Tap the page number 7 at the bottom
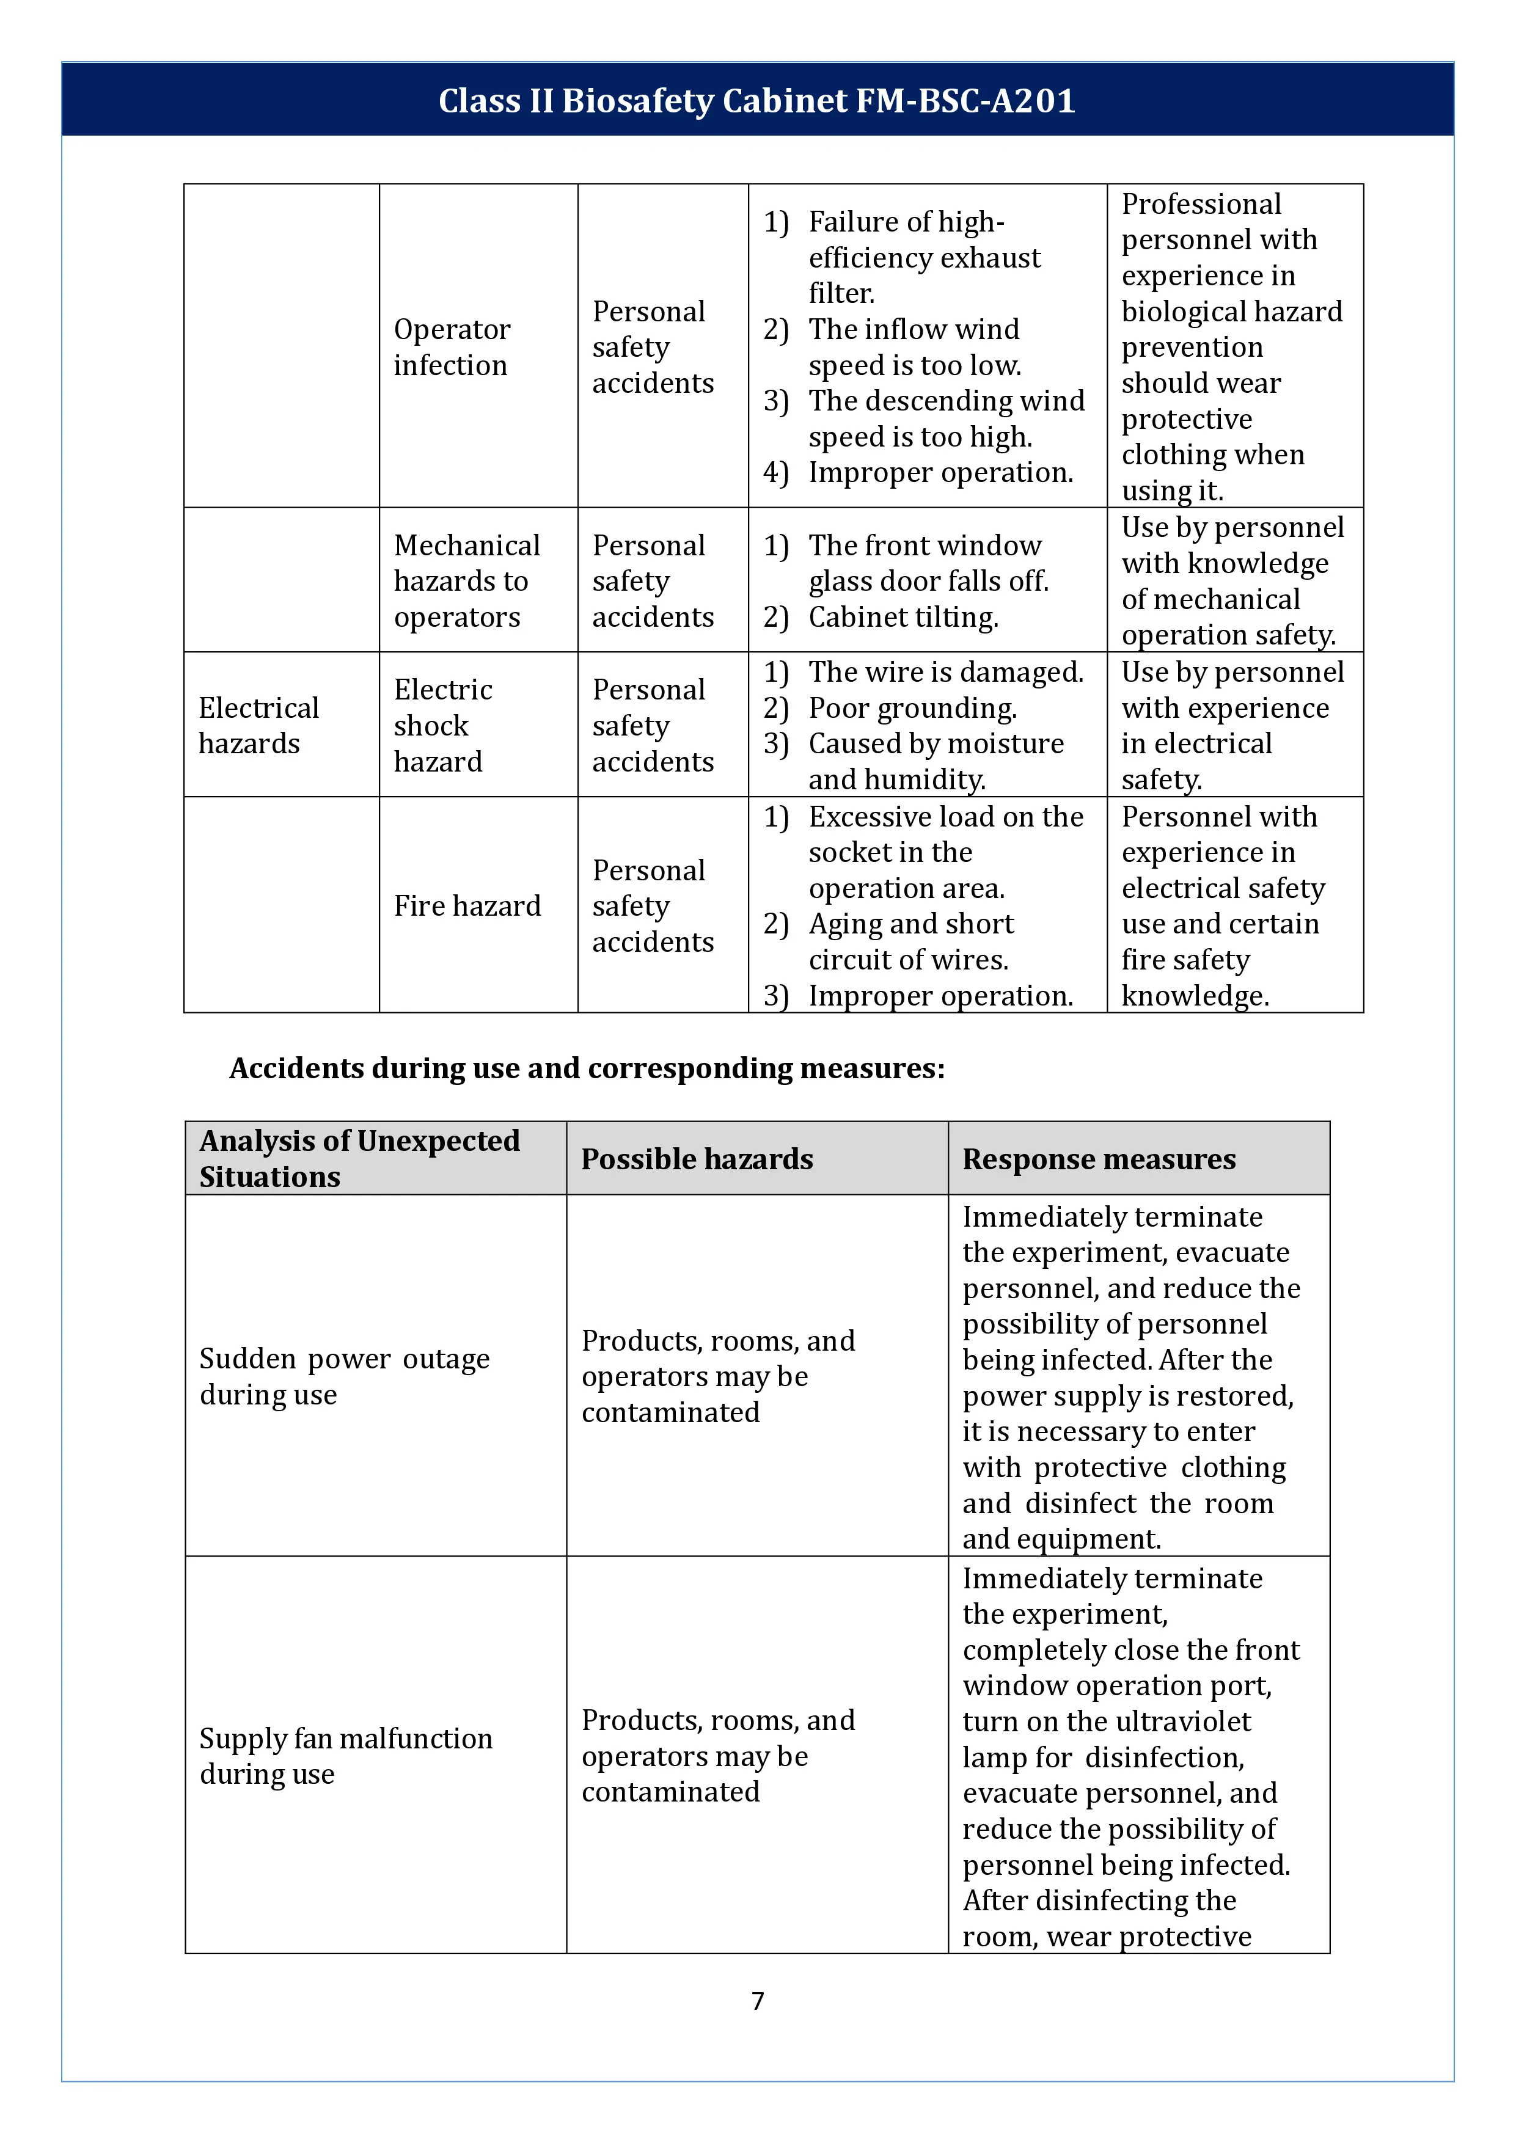(757, 2000)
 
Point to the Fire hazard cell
(467, 905)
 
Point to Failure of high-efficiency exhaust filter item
(923, 257)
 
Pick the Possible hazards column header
(697, 1158)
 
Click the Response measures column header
(1099, 1158)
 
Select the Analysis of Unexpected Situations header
(359, 1158)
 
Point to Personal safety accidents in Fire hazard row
(653, 905)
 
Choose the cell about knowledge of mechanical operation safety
(1232, 580)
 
